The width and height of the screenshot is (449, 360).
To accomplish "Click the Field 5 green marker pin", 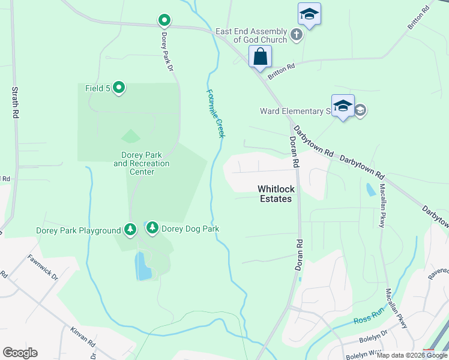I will (x=119, y=88).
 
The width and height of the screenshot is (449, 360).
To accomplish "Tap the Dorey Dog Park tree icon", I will (x=152, y=228).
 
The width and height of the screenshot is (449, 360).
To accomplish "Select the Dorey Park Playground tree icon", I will (x=130, y=229).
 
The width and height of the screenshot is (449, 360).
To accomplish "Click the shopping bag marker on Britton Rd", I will (x=261, y=58).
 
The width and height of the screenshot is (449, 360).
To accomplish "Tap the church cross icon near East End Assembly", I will (x=296, y=35).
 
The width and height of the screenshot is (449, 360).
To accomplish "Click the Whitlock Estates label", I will (x=275, y=194).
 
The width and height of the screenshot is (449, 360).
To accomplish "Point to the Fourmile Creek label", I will (x=215, y=113).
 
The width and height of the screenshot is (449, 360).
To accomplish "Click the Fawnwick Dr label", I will (x=42, y=268).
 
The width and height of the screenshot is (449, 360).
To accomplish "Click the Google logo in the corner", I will (x=20, y=353).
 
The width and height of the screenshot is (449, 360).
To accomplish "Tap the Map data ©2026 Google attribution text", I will (x=412, y=355).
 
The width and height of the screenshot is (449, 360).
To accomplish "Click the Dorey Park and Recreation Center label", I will (x=142, y=163).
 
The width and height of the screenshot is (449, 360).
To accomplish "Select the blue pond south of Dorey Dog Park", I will (x=143, y=266).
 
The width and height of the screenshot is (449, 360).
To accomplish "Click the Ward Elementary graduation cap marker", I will (x=343, y=106).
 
